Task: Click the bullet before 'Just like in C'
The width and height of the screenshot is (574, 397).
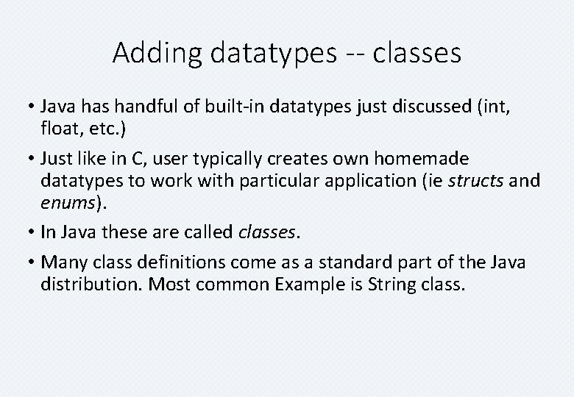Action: (33, 159)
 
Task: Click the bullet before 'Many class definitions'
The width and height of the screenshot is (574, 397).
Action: (33, 262)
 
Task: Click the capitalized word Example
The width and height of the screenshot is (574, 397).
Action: (308, 285)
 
